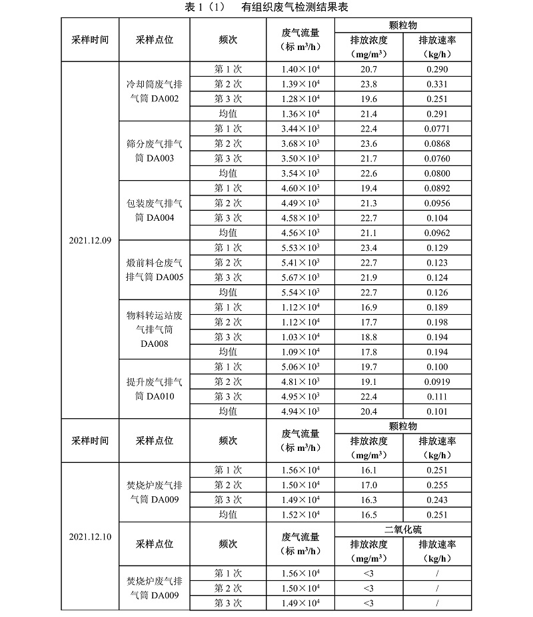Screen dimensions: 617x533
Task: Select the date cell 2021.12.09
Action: (x=90, y=240)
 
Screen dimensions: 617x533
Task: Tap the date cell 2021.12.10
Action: (x=90, y=536)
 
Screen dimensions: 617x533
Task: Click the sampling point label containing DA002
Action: (x=155, y=92)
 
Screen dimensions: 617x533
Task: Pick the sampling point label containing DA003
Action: (x=155, y=151)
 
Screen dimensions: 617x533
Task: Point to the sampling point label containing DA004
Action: (x=155, y=210)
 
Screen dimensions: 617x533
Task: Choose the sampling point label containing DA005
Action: (x=155, y=269)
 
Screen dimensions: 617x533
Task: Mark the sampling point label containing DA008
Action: (x=155, y=329)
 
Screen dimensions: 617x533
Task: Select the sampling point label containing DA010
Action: (x=155, y=388)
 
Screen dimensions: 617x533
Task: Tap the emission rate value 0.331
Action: (x=437, y=84)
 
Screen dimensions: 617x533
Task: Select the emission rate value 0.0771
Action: (x=437, y=129)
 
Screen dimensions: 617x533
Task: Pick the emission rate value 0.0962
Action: (x=437, y=233)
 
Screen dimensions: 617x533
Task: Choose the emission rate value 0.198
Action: (x=437, y=322)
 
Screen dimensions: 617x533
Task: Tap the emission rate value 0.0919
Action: (x=437, y=382)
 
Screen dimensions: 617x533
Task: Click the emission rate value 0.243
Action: (x=437, y=500)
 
